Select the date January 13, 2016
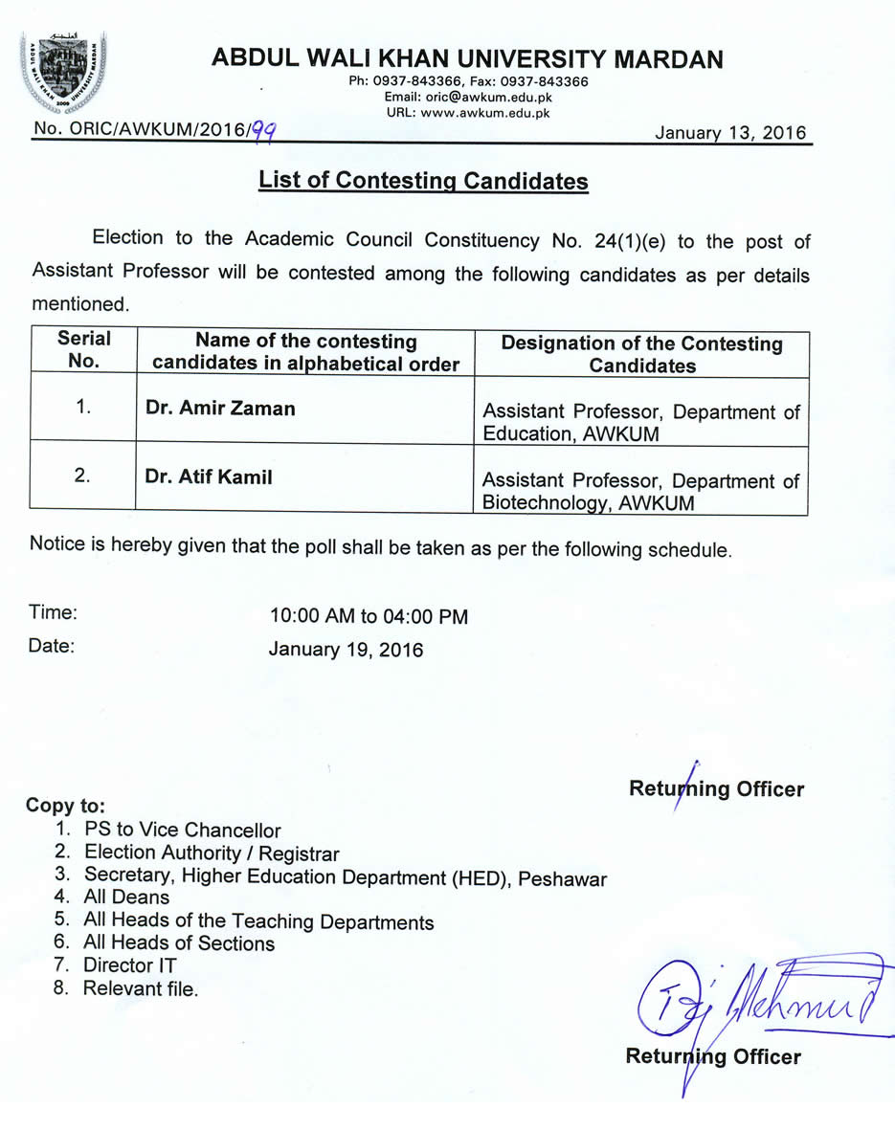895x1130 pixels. pyautogui.click(x=730, y=133)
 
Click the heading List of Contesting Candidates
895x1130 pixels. pyautogui.click(x=423, y=181)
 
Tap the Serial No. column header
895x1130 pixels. pyautogui.click(x=83, y=349)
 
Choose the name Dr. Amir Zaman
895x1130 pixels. pyautogui.click(x=220, y=409)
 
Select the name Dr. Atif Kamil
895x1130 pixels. pyautogui.click(x=209, y=476)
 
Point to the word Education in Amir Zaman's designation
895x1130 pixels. pyautogui.click(x=523, y=433)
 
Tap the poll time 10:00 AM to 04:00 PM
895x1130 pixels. pyautogui.click(x=369, y=617)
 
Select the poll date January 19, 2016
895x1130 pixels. pyautogui.click(x=346, y=650)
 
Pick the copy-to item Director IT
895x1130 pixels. pyautogui.click(x=130, y=965)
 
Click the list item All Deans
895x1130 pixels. pyautogui.click(x=126, y=897)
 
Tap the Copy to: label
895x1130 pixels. pyautogui.click(x=65, y=805)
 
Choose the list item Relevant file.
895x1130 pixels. pyautogui.click(x=141, y=988)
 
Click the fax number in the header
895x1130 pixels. pyautogui.click(x=545, y=82)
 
